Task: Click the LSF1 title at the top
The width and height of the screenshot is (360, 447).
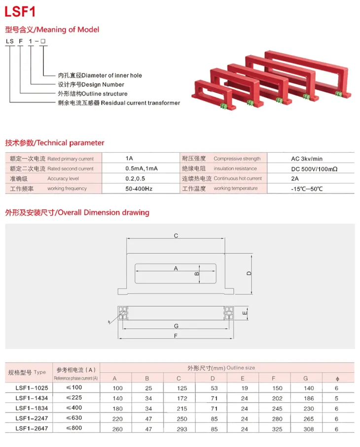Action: point(20,12)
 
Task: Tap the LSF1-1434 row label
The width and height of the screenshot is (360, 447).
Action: point(32,398)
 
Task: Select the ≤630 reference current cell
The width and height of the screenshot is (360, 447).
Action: point(74,418)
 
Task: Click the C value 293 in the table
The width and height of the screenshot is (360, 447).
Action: point(181,429)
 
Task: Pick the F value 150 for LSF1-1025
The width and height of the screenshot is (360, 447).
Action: point(277,388)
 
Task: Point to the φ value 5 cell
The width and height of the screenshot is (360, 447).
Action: point(336,398)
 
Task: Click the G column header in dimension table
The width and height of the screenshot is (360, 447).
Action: point(306,378)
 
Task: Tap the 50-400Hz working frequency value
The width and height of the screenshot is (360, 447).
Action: point(139,189)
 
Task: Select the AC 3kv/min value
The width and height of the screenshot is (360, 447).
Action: point(307,159)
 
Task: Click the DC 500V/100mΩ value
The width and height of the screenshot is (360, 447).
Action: point(314,169)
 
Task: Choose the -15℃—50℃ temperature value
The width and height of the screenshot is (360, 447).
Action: point(307,189)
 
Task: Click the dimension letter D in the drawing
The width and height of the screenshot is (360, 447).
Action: point(249,274)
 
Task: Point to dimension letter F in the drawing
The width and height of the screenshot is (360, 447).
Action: point(176,336)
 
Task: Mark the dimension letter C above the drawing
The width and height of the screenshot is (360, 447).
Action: point(176,236)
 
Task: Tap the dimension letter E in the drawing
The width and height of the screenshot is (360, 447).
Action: point(245,313)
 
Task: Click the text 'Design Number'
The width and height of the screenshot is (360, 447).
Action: point(103,85)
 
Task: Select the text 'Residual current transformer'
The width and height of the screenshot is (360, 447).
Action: point(141,103)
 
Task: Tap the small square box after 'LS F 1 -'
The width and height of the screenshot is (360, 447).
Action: point(43,41)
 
